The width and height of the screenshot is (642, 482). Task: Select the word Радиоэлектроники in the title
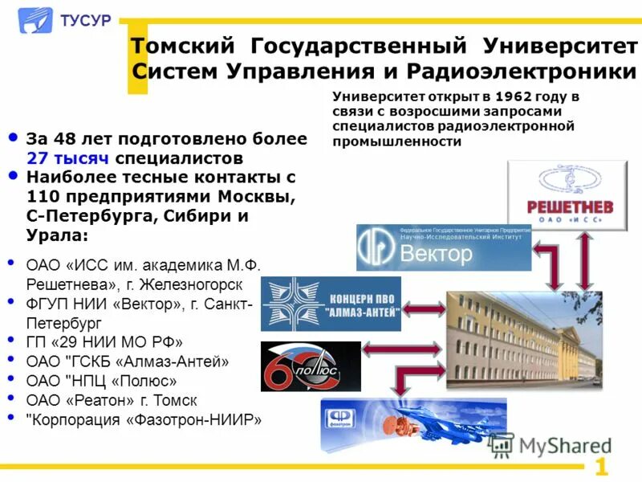click(521, 71)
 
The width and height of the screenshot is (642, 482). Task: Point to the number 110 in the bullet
click(41, 197)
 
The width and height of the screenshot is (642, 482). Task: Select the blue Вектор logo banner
click(444, 247)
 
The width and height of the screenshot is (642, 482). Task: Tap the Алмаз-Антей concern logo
click(331, 304)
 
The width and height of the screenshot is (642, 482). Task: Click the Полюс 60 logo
click(311, 366)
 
